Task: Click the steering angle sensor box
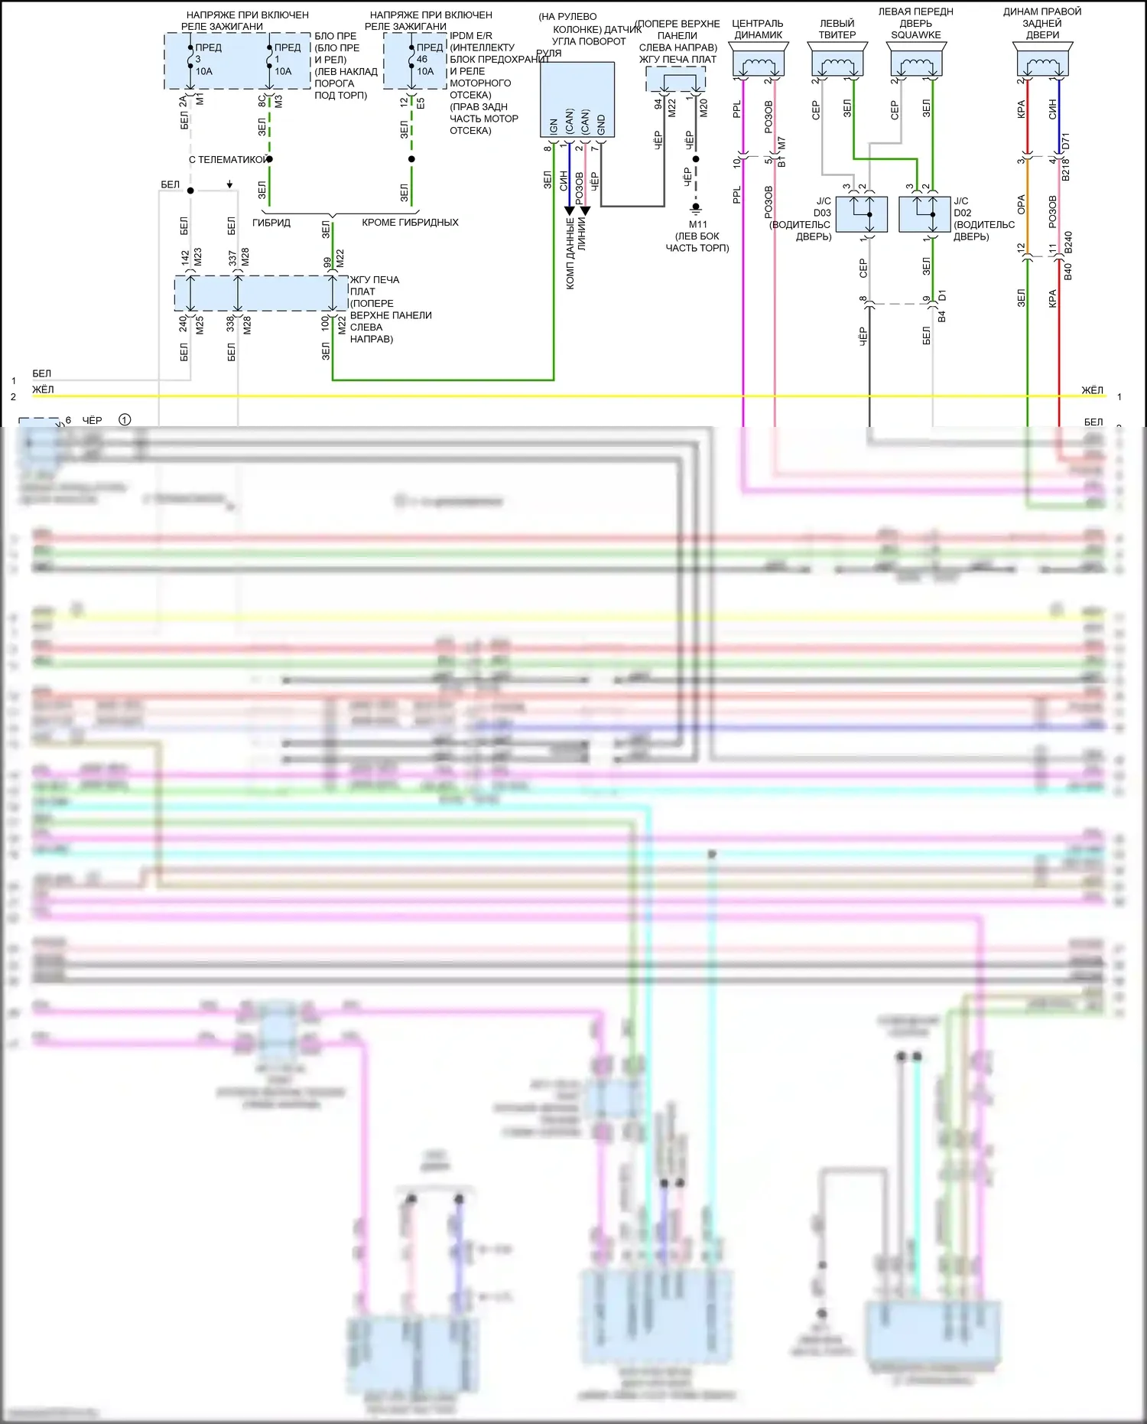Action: click(x=577, y=99)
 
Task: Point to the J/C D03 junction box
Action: click(x=861, y=213)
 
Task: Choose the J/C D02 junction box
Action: click(x=924, y=213)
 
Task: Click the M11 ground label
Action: click(x=697, y=225)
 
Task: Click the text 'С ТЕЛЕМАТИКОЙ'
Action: click(x=228, y=160)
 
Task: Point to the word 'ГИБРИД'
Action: click(x=271, y=223)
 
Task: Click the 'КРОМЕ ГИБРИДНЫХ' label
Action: click(x=410, y=223)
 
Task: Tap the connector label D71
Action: click(x=1066, y=141)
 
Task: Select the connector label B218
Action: click(x=1066, y=170)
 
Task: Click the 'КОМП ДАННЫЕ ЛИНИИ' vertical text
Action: click(x=576, y=253)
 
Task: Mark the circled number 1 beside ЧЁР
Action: click(x=125, y=419)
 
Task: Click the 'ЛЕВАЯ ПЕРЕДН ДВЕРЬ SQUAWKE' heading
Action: click(x=915, y=24)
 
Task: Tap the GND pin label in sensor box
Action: click(x=601, y=125)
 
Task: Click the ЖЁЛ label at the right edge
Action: click(x=1092, y=390)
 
